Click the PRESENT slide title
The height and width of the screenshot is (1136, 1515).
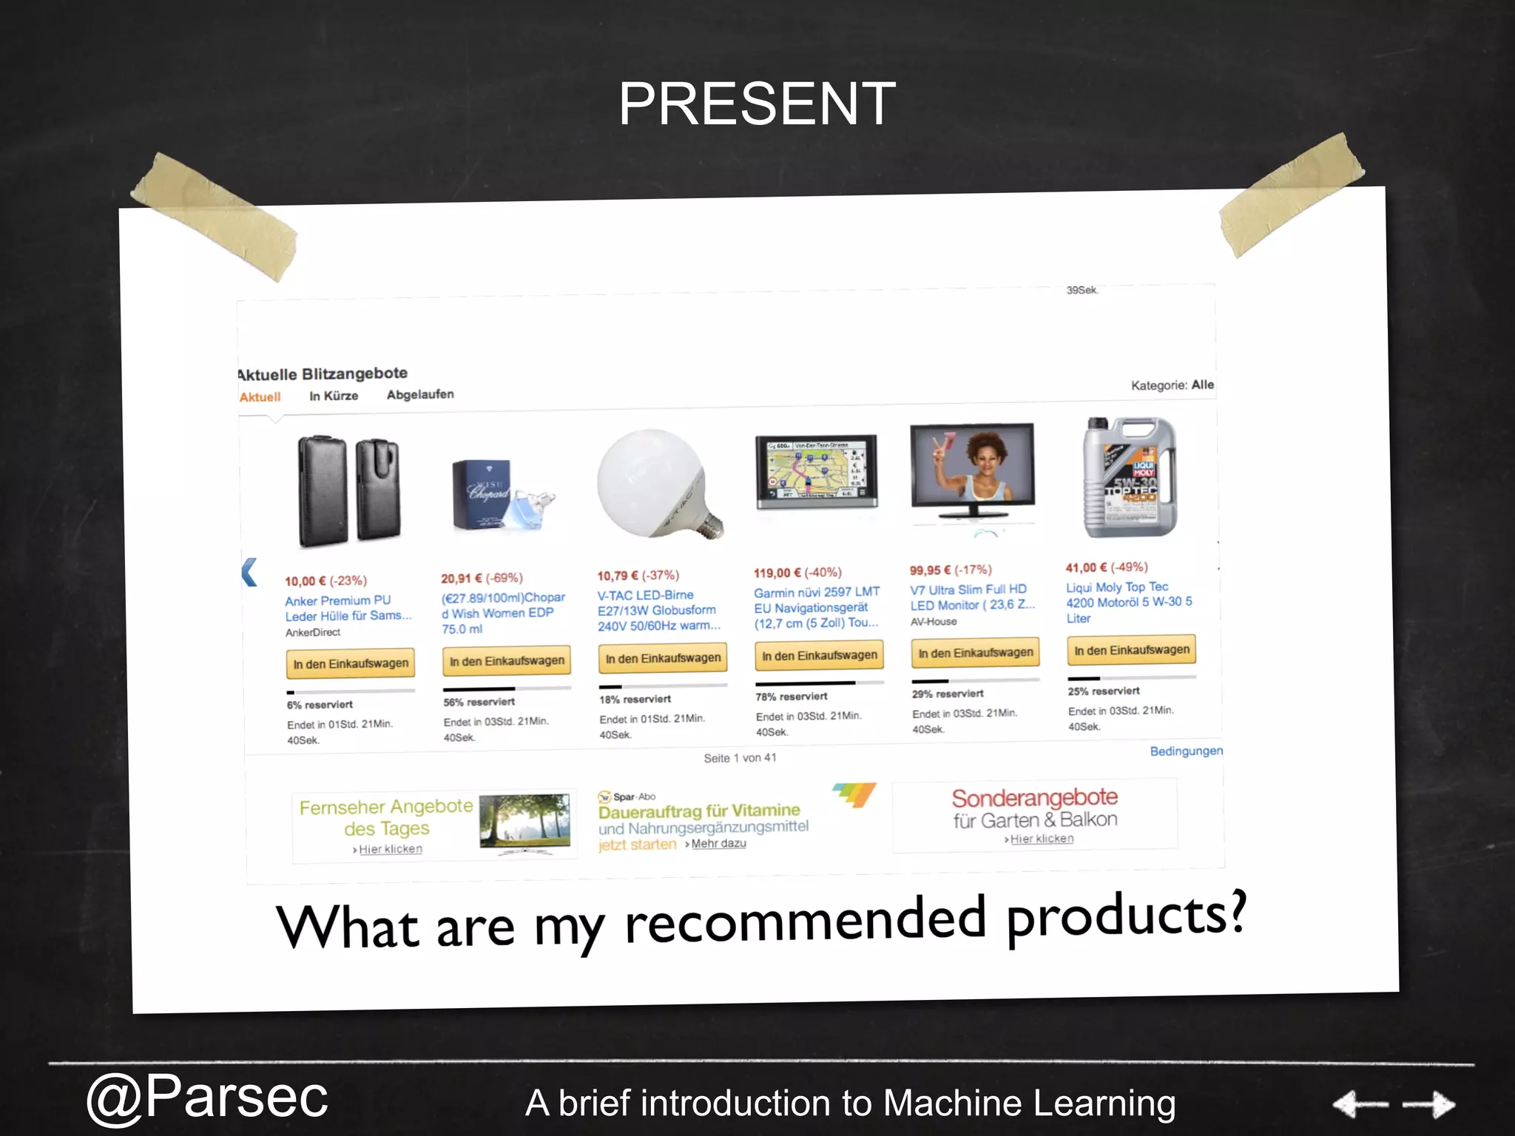(x=757, y=104)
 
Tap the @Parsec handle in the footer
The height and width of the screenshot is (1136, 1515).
(x=207, y=1097)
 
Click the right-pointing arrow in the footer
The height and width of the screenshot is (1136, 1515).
(x=1429, y=1105)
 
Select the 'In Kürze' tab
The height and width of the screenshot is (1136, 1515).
(x=334, y=396)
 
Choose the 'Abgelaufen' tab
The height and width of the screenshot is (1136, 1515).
(x=420, y=394)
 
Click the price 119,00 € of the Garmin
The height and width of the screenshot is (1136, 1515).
(x=777, y=573)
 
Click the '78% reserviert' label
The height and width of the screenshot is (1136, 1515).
(x=791, y=697)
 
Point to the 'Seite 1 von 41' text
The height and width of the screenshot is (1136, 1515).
(x=740, y=758)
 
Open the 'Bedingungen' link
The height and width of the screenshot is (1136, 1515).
(x=1186, y=751)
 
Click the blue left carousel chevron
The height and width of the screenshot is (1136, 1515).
(x=250, y=572)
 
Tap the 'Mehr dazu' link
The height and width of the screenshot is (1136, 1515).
(x=718, y=844)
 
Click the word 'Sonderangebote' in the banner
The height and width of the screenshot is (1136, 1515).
(x=1034, y=798)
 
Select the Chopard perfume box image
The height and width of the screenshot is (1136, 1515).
(x=482, y=494)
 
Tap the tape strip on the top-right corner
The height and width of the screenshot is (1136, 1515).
(x=1291, y=195)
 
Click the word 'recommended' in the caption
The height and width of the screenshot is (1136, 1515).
(x=806, y=920)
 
